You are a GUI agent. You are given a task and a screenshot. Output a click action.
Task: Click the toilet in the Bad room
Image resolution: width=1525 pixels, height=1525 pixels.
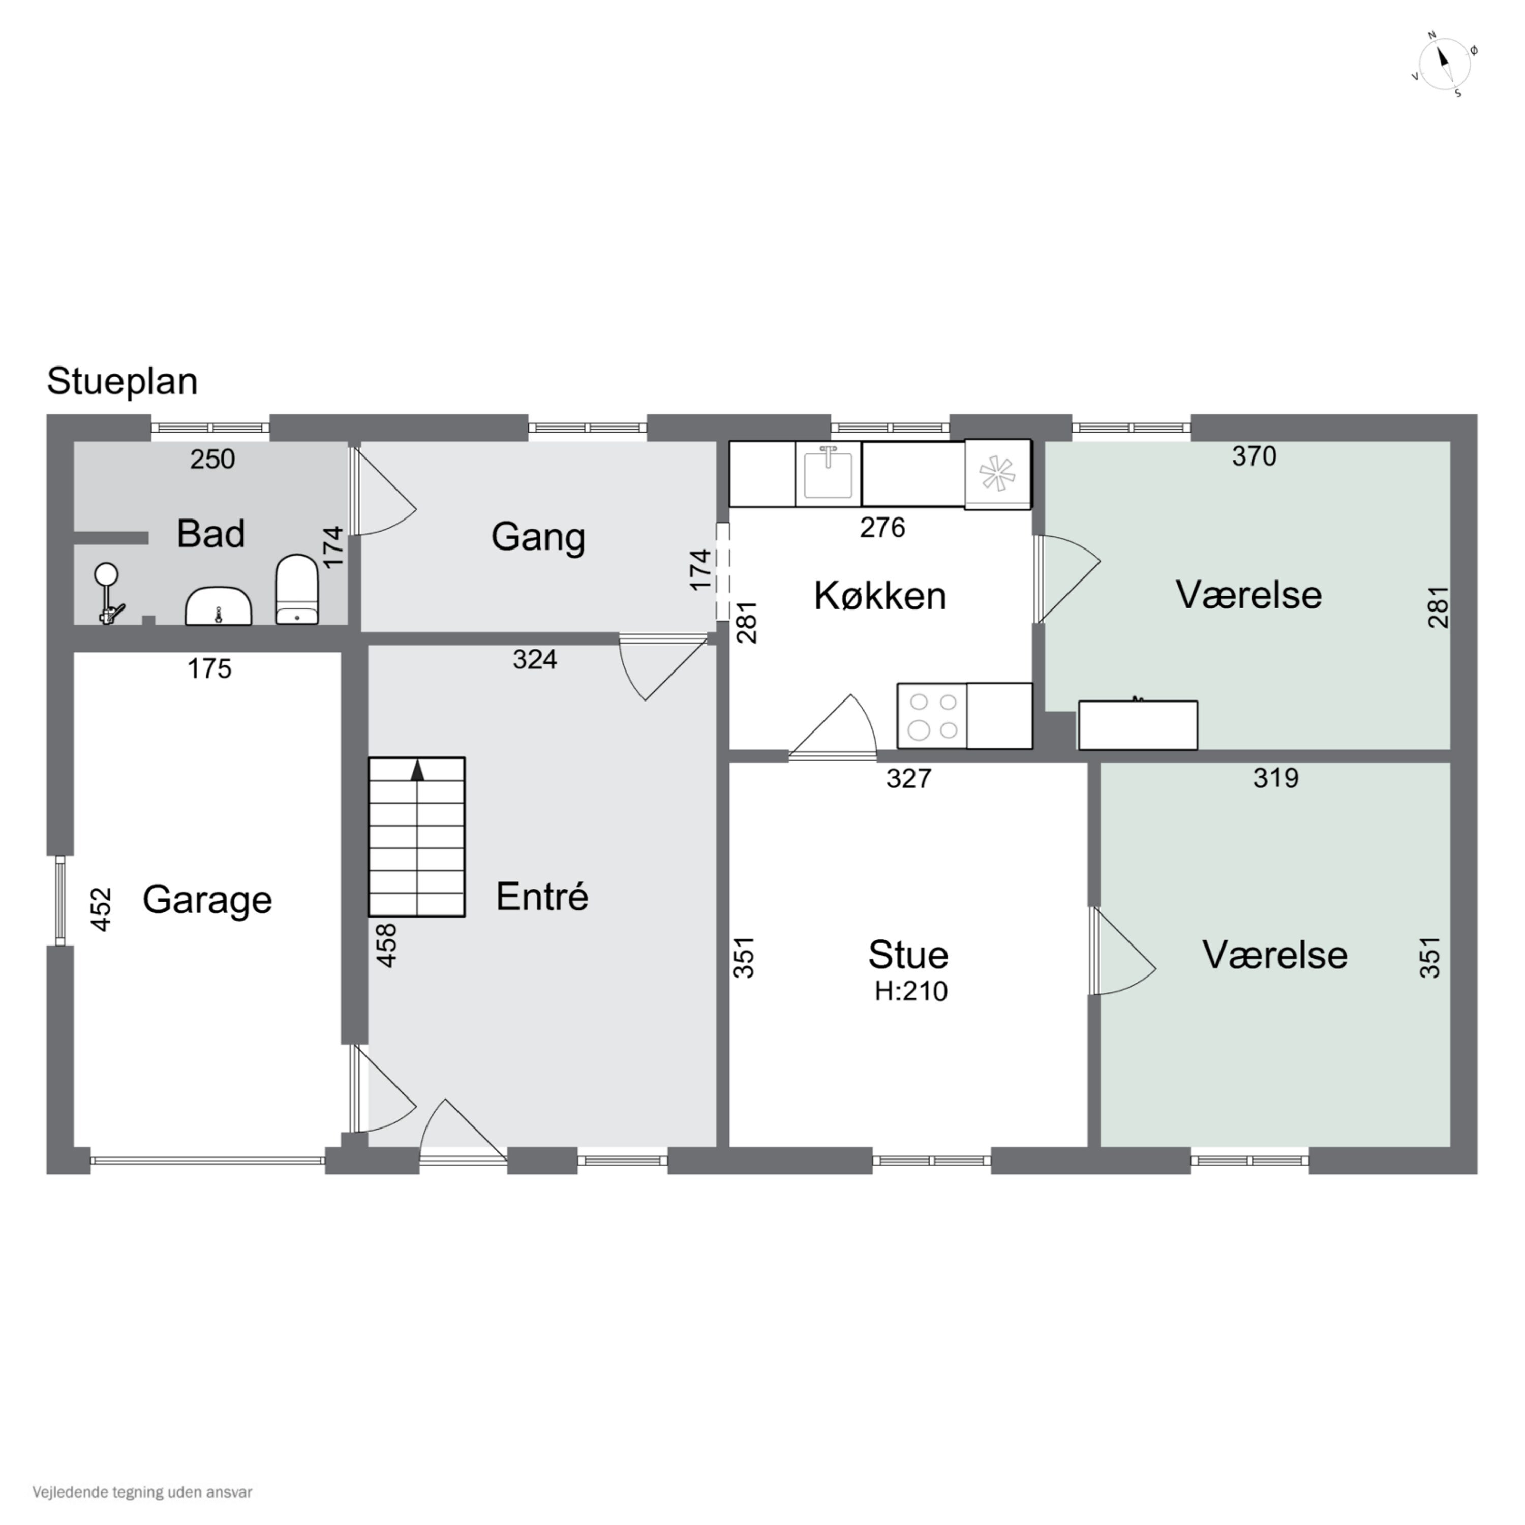[297, 590]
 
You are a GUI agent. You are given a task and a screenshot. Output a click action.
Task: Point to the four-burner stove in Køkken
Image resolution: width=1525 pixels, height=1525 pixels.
[932, 716]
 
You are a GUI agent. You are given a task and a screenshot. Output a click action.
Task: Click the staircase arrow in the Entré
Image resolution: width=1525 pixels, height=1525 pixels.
[417, 771]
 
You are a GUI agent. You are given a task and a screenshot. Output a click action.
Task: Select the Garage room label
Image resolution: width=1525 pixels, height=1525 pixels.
[207, 900]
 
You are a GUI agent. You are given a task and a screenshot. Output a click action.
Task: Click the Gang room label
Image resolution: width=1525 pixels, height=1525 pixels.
[538, 537]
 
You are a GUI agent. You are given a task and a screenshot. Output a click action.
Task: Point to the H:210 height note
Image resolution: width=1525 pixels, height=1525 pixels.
[911, 991]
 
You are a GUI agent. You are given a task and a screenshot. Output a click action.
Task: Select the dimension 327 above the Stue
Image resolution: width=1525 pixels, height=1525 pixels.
[908, 778]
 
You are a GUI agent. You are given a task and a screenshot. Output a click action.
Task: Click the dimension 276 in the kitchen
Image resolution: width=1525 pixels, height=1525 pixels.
[882, 527]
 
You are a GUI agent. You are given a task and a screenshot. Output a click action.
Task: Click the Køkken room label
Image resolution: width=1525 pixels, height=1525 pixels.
[880, 595]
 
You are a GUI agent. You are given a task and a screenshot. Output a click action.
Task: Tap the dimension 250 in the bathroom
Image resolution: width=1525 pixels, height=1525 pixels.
[212, 459]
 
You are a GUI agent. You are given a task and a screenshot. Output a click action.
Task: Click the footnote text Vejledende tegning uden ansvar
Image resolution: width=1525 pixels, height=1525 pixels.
[142, 1492]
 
